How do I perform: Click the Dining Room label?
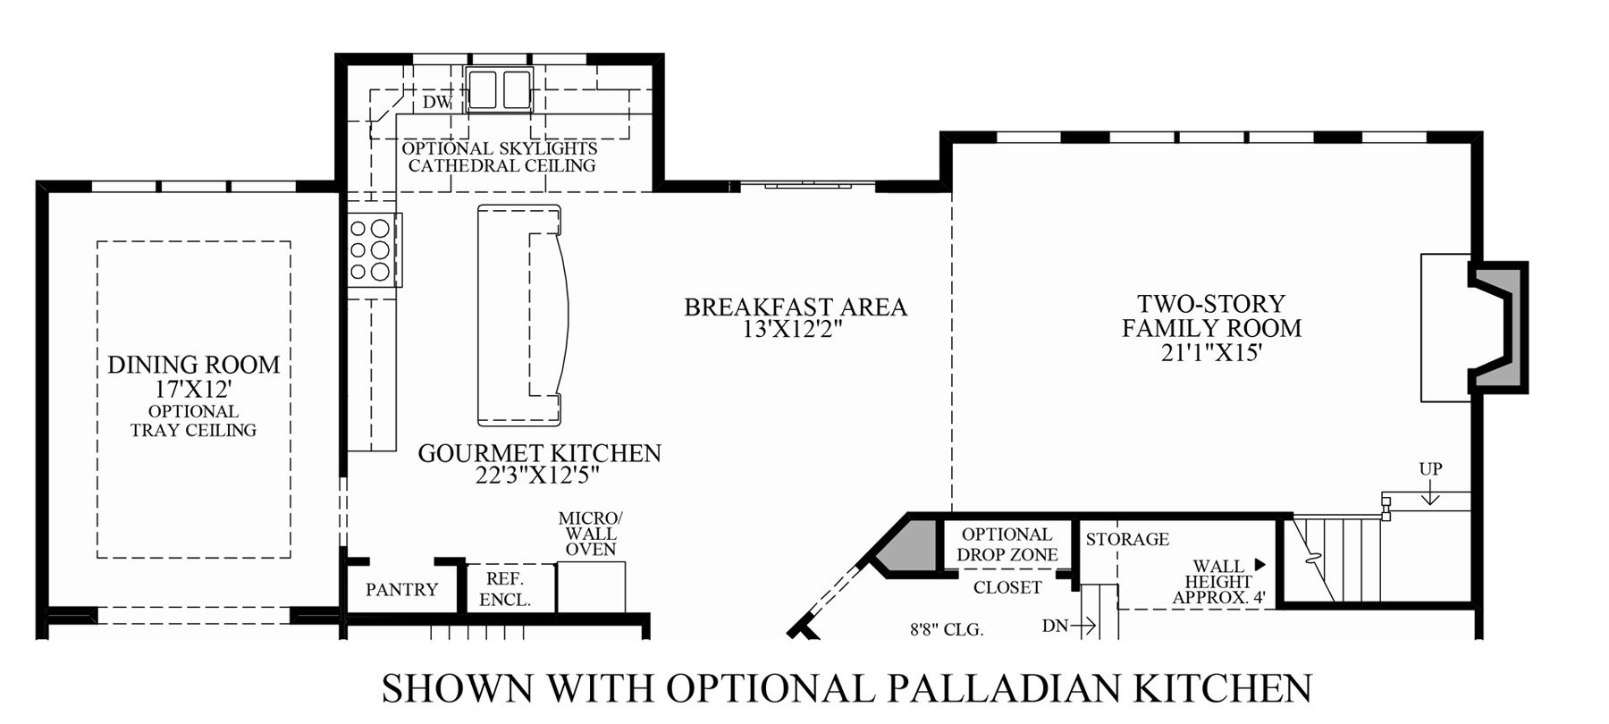point(194,365)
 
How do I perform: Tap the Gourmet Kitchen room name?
point(540,453)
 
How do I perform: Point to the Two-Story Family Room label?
point(1211,316)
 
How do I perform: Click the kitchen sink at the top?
point(500,89)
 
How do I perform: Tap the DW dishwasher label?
point(438,102)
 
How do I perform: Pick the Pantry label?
point(402,590)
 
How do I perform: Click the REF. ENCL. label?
point(506,589)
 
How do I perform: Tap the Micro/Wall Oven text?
point(590,534)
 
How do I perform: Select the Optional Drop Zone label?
point(1007,543)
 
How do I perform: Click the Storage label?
point(1127,539)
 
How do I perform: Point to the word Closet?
point(1007,587)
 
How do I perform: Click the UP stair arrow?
point(1430,492)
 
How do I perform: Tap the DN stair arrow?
point(1083,627)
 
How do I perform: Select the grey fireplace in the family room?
point(1500,326)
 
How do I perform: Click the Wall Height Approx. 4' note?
point(1220,582)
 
